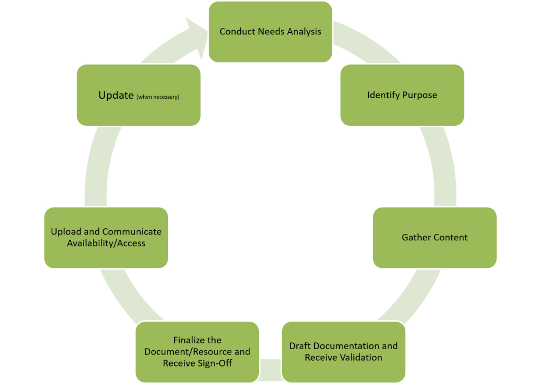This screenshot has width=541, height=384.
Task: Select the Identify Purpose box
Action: pyautogui.click(x=402, y=95)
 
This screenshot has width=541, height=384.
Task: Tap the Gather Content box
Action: pyautogui.click(x=434, y=237)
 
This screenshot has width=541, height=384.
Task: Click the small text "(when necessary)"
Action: pyautogui.click(x=158, y=97)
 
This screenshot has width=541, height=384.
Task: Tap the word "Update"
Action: pyautogui.click(x=116, y=96)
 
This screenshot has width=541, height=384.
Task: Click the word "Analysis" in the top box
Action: pyautogui.click(x=304, y=31)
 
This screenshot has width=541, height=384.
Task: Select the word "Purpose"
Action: pyautogui.click(x=419, y=95)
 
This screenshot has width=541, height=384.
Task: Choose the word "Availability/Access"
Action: pyautogui.click(x=106, y=243)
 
